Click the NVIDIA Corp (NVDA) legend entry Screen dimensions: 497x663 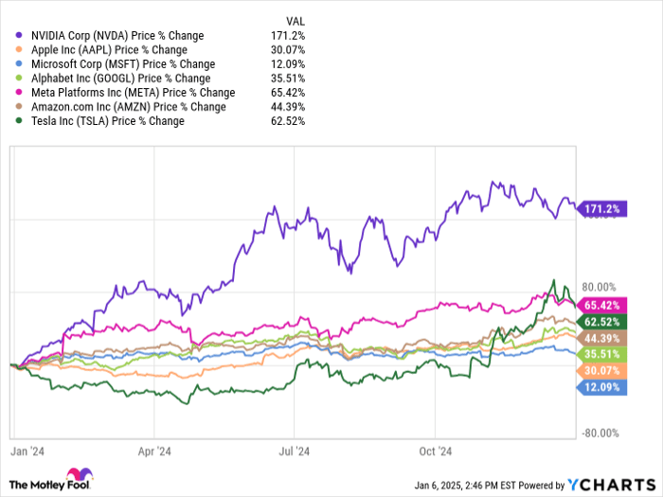click(122, 36)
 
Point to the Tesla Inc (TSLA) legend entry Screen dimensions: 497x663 click(103, 121)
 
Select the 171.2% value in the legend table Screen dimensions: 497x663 click(290, 36)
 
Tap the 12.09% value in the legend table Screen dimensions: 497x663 click(288, 64)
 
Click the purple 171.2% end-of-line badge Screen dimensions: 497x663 click(601, 207)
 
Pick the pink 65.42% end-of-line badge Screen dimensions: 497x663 click(601, 305)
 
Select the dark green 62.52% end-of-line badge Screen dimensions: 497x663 click(601, 322)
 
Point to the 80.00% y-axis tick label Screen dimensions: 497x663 click(597, 287)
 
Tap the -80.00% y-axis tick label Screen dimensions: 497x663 click(597, 434)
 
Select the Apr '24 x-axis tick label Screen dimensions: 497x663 click(153, 453)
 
